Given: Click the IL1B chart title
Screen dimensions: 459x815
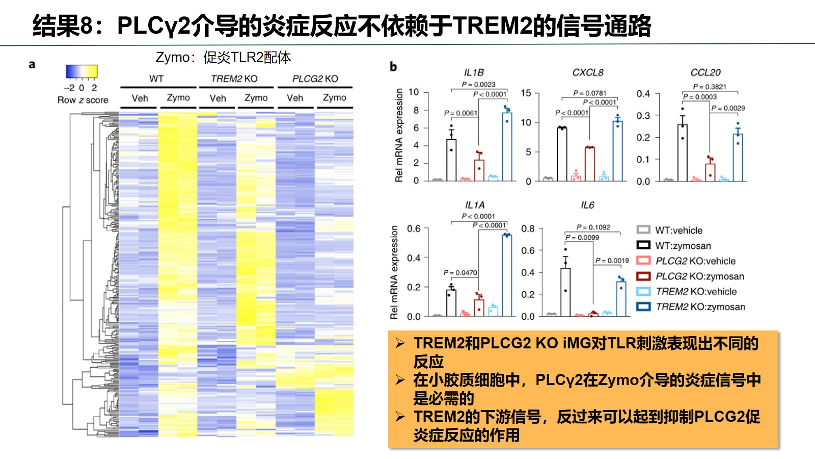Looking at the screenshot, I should pos(474,72).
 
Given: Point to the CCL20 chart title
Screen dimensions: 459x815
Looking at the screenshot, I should pos(705,72).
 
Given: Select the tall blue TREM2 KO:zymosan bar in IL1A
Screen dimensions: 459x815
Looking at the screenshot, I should pos(506,275).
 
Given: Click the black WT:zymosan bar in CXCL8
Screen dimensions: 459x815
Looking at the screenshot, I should pos(562,154).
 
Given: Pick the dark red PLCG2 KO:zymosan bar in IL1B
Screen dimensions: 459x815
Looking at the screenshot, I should pos(479,170).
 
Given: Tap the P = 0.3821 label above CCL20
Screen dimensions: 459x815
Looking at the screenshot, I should pos(710,87).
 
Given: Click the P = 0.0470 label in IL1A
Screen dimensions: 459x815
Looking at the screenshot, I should pos(460,273).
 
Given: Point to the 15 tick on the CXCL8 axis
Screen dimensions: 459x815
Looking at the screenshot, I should pos(526,93).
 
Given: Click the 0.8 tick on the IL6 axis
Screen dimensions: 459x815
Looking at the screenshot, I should pos(528,228).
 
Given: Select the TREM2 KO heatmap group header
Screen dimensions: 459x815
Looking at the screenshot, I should pos(234,79).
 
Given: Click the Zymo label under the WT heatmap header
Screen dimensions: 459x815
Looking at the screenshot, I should pos(178,97).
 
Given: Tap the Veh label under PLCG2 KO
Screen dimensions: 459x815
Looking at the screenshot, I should pos(295,98).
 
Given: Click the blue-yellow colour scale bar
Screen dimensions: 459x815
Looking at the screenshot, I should pos(81,71).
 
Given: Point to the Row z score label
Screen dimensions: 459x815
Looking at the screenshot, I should pos(83,100).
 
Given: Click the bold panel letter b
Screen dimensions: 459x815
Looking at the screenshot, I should pos(393,66).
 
